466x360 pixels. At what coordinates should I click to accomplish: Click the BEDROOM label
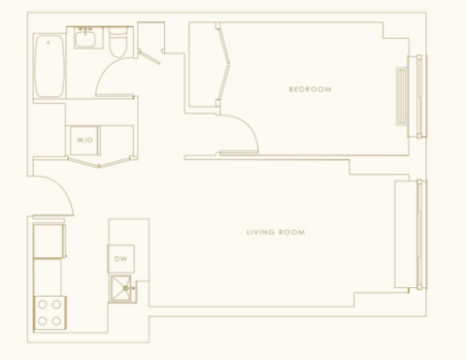(310, 89)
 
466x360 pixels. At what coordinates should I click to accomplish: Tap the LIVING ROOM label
(276, 232)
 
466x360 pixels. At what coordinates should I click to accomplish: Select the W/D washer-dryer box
(84, 141)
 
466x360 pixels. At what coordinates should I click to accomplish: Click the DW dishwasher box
(120, 259)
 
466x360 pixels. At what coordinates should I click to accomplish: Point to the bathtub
(50, 66)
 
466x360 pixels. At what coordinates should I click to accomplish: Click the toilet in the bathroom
(117, 42)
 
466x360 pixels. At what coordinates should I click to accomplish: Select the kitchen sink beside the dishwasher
(121, 288)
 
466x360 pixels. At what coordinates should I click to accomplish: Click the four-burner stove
(50, 313)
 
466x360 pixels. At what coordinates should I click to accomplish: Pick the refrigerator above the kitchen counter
(49, 241)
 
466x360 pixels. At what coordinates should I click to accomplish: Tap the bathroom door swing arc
(106, 70)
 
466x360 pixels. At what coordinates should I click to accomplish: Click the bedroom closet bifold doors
(223, 65)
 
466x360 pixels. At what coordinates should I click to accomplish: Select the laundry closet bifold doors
(99, 162)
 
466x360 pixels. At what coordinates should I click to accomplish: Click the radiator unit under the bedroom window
(402, 96)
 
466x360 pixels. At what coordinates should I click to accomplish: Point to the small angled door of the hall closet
(150, 57)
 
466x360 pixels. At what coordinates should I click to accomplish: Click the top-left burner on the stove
(43, 305)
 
